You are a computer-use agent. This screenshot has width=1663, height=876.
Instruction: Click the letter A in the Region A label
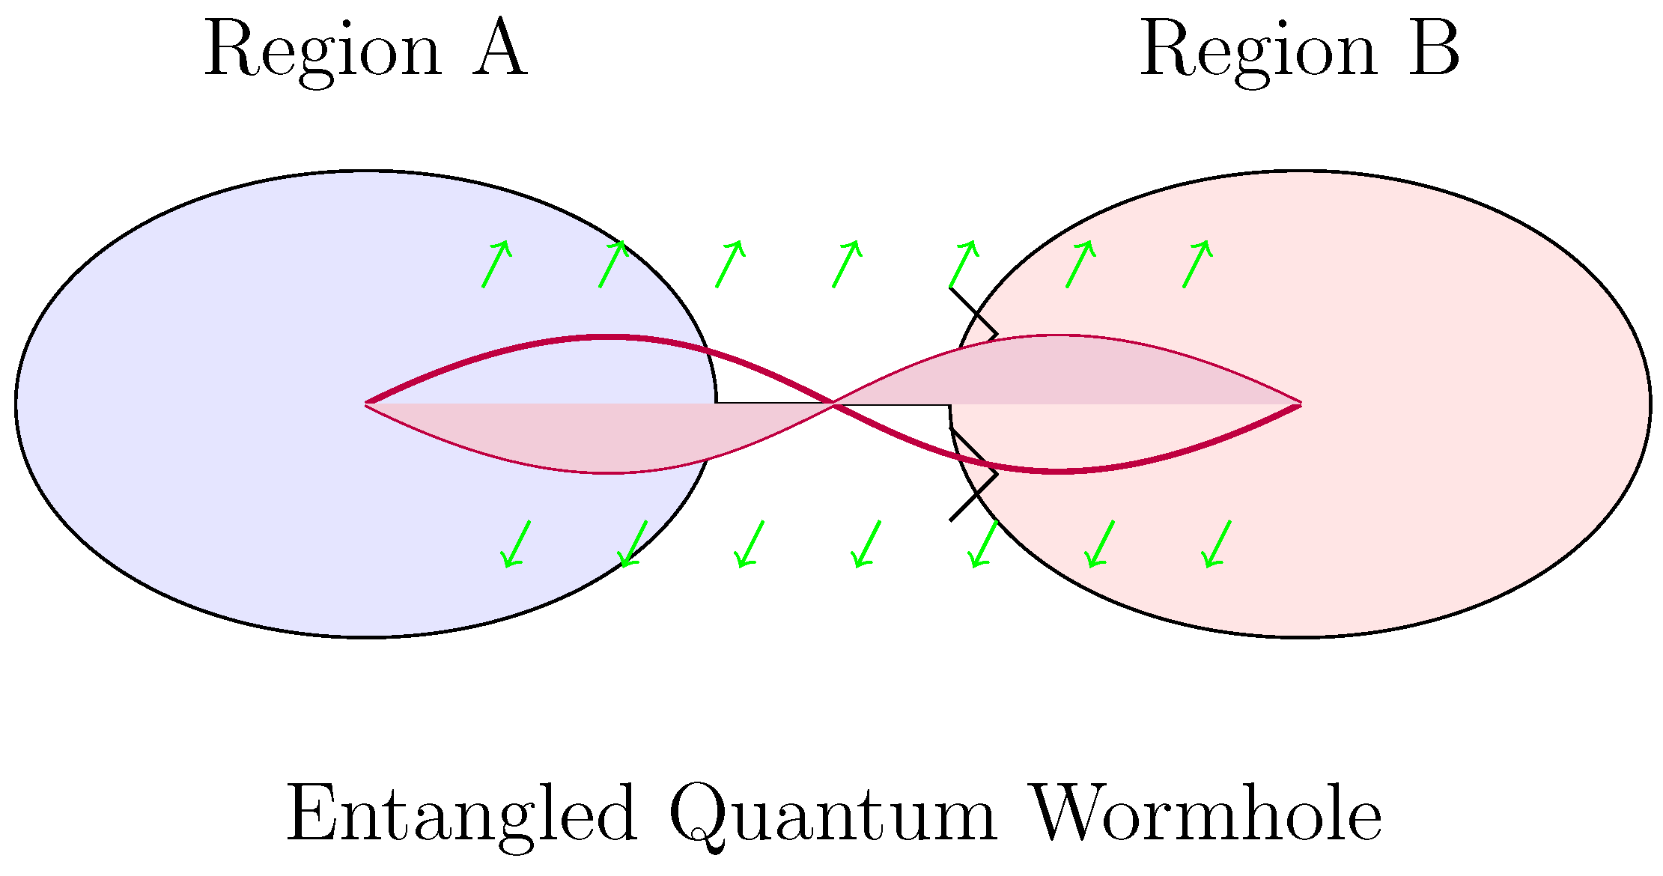(499, 49)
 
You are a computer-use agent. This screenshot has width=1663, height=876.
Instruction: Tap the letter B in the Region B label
(1434, 49)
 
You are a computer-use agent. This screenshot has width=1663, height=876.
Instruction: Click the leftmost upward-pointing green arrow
(496, 264)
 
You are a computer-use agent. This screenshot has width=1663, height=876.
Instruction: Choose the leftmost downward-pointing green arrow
(517, 544)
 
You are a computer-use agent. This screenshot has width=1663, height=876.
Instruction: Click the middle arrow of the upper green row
(846, 264)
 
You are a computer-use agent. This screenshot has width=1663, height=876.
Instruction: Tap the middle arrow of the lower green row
(867, 544)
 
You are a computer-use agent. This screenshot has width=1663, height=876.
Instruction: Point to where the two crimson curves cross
(833, 404)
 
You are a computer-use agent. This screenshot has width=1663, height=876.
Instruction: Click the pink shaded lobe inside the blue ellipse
(599, 438)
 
